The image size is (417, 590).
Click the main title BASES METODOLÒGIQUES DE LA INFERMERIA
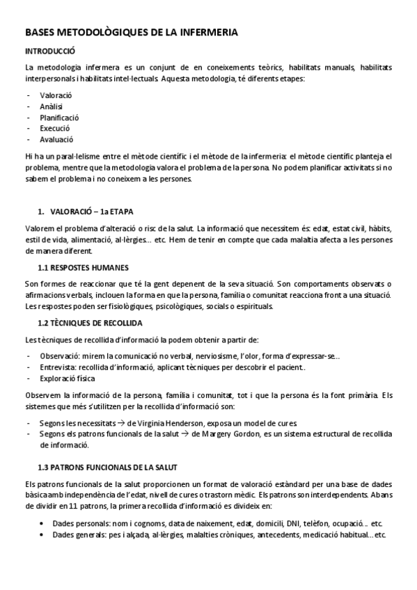[x=131, y=32]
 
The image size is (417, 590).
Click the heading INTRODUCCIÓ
[x=50, y=51]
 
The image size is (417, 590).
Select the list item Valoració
[x=56, y=95]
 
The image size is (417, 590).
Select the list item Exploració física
[x=68, y=378]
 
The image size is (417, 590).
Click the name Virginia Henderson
[x=171, y=422]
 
